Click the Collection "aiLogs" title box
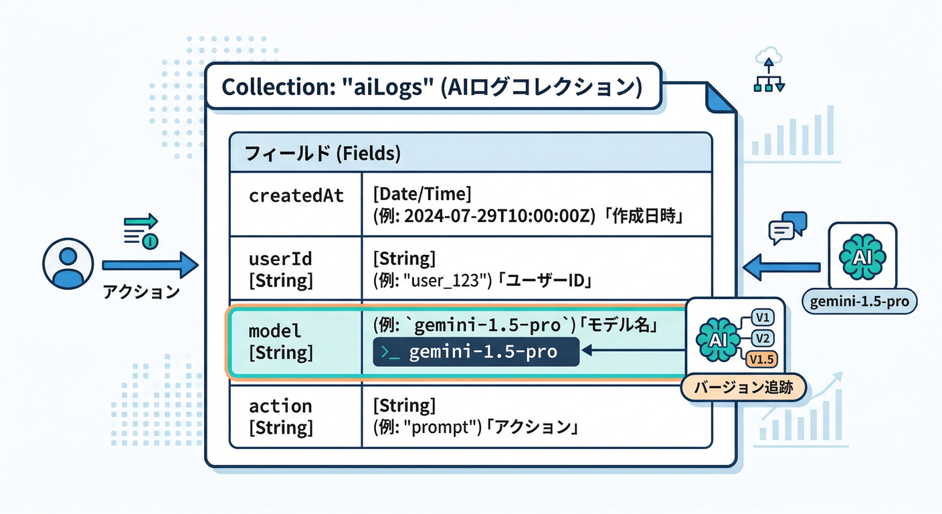(x=432, y=86)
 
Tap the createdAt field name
(x=296, y=195)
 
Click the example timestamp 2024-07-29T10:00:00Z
(x=498, y=216)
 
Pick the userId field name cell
(x=281, y=270)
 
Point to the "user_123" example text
(x=442, y=280)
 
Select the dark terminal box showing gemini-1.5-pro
(x=476, y=352)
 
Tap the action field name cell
(x=281, y=416)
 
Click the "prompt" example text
(x=441, y=427)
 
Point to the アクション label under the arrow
(x=141, y=292)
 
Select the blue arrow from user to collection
(x=150, y=266)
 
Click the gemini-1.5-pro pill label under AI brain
(x=859, y=302)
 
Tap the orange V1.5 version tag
(x=762, y=360)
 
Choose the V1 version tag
(x=762, y=317)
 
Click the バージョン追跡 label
(x=743, y=388)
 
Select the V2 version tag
(x=762, y=339)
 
